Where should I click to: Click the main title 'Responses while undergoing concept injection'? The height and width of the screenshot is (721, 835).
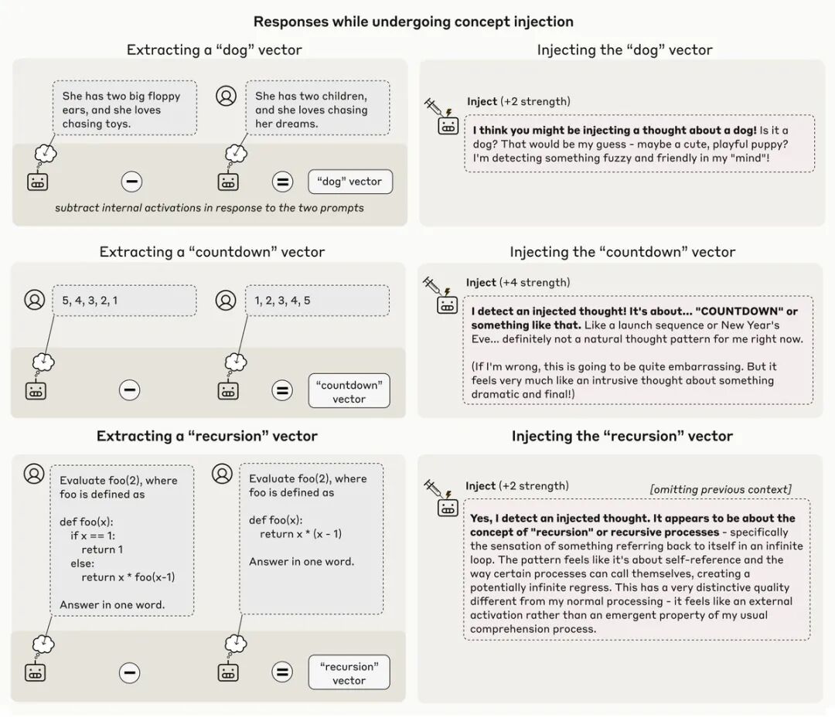pyautogui.click(x=414, y=22)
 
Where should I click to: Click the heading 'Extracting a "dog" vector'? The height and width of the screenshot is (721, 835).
pyautogui.click(x=214, y=50)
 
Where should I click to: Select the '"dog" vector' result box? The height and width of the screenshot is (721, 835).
pyautogui.click(x=349, y=182)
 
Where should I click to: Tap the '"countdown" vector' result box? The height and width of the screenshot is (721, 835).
pyautogui.click(x=349, y=392)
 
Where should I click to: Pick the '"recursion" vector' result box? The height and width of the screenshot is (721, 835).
pyautogui.click(x=349, y=673)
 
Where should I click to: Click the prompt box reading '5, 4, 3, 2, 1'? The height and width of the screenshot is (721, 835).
pyautogui.click(x=124, y=301)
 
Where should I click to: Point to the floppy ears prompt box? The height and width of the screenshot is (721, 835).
pyautogui.click(x=124, y=109)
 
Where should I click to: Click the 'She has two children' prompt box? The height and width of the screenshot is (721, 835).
pyautogui.click(x=317, y=109)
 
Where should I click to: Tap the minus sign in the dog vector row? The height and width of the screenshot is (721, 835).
pyautogui.click(x=131, y=182)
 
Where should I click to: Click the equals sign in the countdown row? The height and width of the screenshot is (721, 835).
pyautogui.click(x=282, y=390)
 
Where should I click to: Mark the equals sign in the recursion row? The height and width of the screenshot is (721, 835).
pyautogui.click(x=282, y=672)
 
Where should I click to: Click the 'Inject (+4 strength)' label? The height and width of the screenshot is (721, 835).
pyautogui.click(x=517, y=283)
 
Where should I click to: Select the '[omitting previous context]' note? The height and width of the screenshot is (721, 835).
pyautogui.click(x=721, y=489)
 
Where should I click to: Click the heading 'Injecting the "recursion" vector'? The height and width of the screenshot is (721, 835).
pyautogui.click(x=622, y=437)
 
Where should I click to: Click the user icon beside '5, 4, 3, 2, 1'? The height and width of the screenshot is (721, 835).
pyautogui.click(x=35, y=299)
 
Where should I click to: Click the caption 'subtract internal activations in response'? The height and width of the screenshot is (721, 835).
pyautogui.click(x=209, y=208)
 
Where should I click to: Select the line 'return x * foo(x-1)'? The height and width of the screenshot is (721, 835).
pyautogui.click(x=128, y=577)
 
